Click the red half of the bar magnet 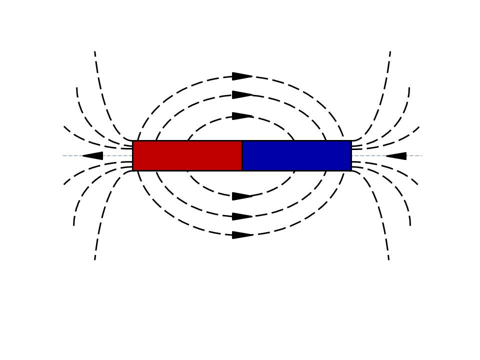(187, 155)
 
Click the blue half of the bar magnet (296, 155)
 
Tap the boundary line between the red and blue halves (242, 155)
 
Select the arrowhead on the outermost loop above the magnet (242, 76)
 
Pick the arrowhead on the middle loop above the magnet (242, 95)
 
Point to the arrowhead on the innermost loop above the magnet (242, 116)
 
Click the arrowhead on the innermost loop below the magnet (242, 196)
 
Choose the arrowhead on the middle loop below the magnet (242, 216)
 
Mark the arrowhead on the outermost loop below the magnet (242, 235)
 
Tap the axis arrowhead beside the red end (93, 156)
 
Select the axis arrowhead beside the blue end (396, 156)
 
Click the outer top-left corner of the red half (133, 141)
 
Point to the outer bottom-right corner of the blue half (351, 170)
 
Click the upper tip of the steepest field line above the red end (95, 51)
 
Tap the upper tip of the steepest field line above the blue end (390, 51)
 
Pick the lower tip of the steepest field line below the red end (95, 259)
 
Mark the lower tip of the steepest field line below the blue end (388, 259)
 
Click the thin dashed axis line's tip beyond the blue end (421, 155)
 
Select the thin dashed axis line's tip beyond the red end (63, 155)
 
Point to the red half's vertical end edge (133, 155)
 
